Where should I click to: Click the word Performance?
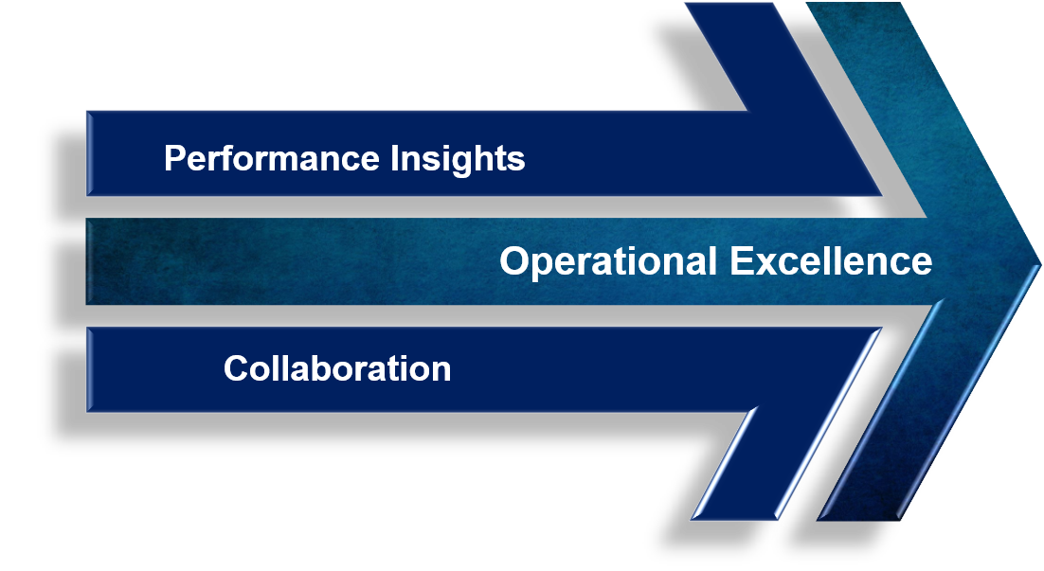coord(272,158)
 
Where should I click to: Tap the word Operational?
coord(608,261)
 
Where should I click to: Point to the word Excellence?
coord(831,260)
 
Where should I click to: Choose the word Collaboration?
coord(337,368)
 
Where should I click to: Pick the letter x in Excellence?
coord(769,264)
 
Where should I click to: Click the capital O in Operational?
coord(514,260)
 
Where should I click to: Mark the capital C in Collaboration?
coord(237,368)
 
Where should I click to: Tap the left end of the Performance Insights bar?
coord(87,153)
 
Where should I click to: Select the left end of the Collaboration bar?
coord(87,369)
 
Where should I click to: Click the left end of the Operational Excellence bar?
coord(86,260)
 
